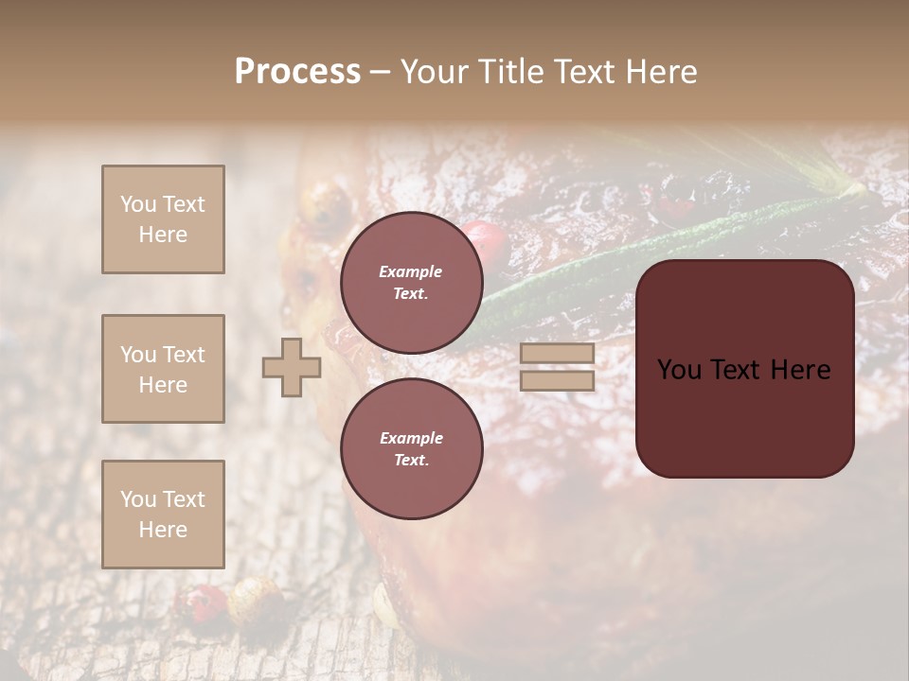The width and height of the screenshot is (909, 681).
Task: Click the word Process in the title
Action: (x=297, y=72)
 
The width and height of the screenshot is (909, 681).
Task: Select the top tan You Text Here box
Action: (x=163, y=219)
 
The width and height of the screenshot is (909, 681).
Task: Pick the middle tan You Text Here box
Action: (x=163, y=369)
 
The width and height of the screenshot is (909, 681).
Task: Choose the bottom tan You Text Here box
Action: (x=163, y=515)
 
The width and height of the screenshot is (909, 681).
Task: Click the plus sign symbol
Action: (x=292, y=368)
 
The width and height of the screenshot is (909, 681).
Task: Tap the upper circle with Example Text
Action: (x=411, y=283)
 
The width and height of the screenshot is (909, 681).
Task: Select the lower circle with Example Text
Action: (x=411, y=449)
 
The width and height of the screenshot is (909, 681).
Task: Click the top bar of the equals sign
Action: (x=558, y=354)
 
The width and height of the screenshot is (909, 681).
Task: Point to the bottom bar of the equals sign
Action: (x=558, y=381)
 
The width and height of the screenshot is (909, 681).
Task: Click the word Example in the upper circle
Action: (x=411, y=272)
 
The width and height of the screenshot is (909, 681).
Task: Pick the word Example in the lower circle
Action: (x=411, y=439)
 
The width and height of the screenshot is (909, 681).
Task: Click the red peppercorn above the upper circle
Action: (x=485, y=236)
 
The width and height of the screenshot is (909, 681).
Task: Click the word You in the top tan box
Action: (x=138, y=204)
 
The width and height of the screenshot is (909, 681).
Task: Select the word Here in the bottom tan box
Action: (x=163, y=530)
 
